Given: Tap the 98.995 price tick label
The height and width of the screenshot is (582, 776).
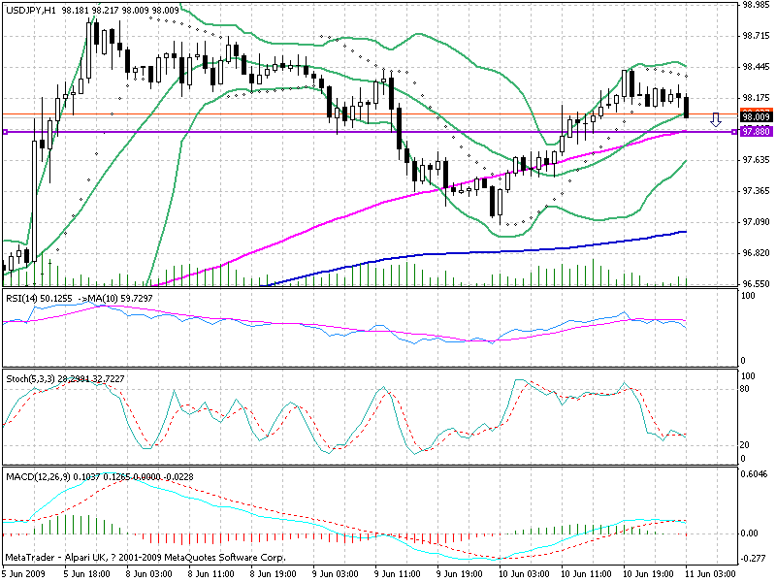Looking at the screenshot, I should [x=755, y=5].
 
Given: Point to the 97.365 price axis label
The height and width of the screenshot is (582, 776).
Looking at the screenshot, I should [x=755, y=191].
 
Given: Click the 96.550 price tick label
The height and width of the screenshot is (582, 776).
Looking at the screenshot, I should [x=755, y=284].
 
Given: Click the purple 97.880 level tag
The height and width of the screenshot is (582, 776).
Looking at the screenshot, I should [x=755, y=130].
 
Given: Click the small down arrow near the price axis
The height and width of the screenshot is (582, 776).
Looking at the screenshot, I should [x=716, y=120].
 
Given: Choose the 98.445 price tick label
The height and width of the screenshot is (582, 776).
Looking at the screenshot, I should [x=755, y=67].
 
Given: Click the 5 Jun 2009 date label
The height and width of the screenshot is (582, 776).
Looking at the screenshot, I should [x=23, y=574].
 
